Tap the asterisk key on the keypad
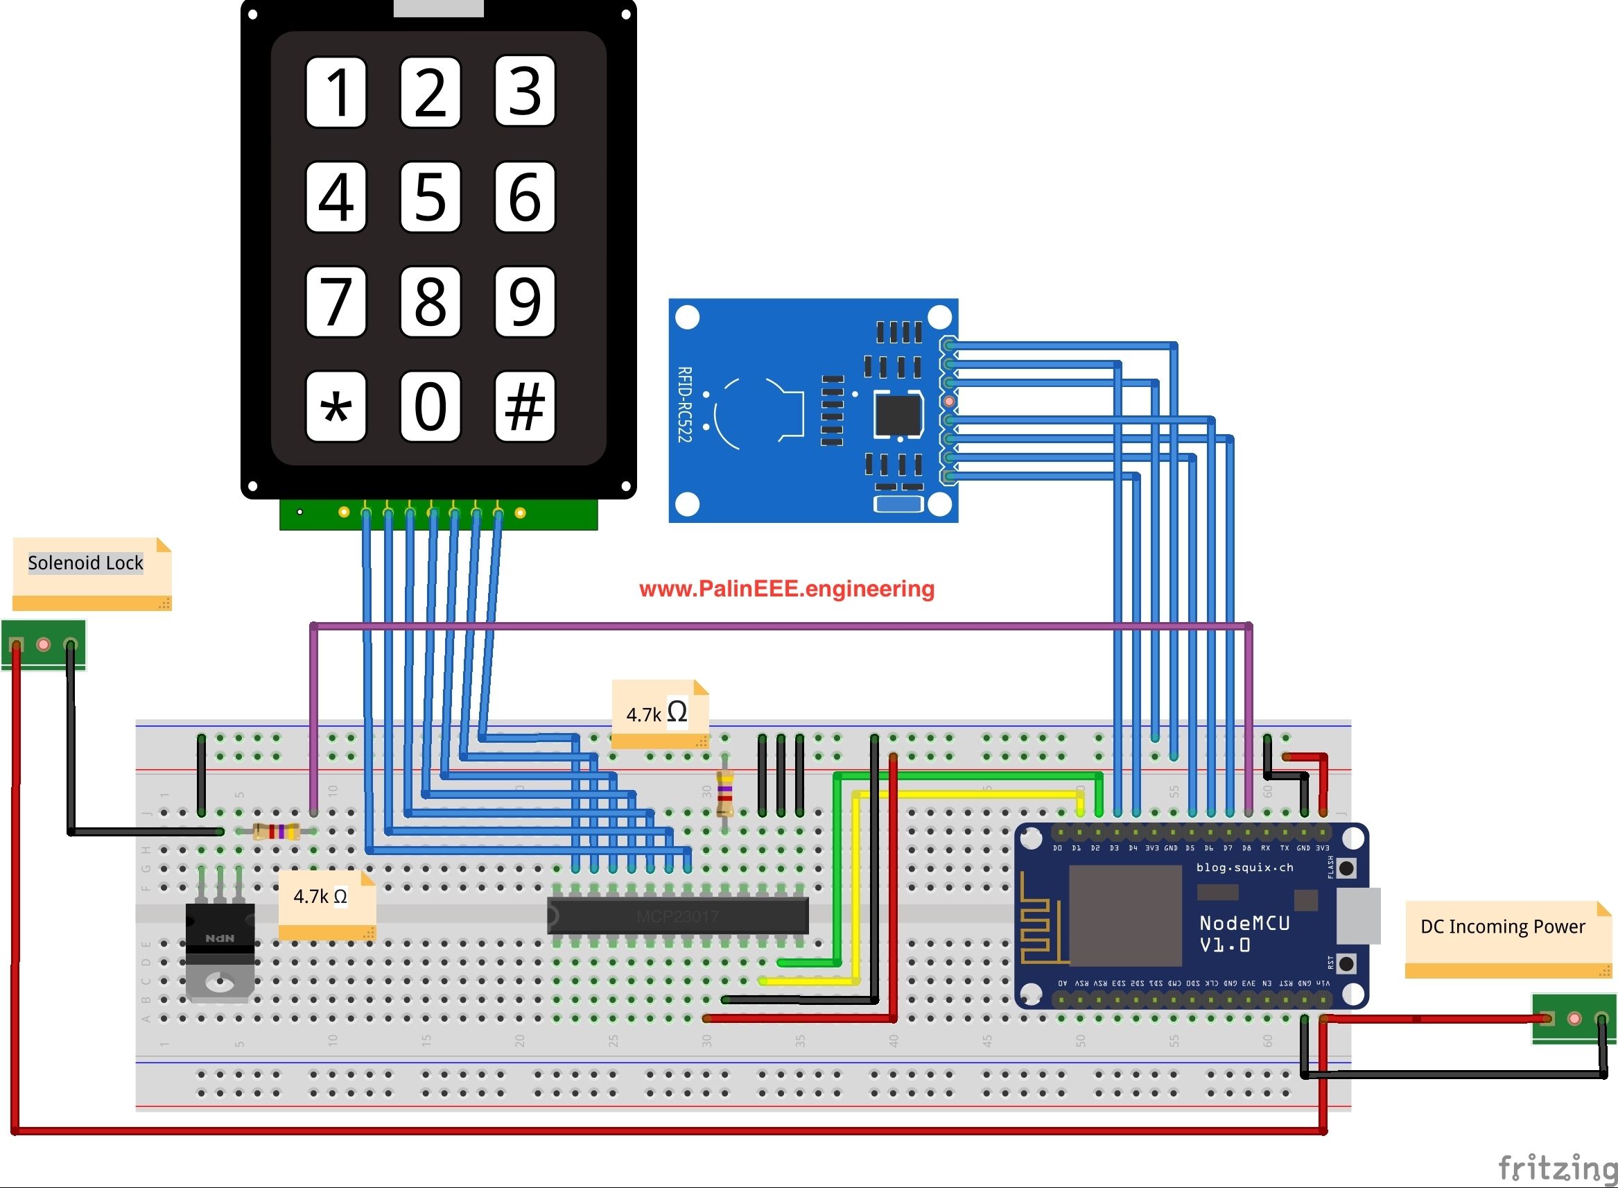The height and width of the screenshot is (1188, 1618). pos(336,406)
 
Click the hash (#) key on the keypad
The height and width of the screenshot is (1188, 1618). pos(525,406)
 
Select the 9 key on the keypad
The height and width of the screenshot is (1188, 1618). pos(525,301)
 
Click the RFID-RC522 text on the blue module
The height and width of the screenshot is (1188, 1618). pos(684,404)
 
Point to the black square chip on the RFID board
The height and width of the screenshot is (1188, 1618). pos(898,414)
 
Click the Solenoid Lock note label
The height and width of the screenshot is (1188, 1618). pos(85,563)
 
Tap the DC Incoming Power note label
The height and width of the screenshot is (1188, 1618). pos(1502,927)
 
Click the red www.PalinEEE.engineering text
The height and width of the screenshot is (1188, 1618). pos(786,589)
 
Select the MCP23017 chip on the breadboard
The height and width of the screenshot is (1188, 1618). pos(677,916)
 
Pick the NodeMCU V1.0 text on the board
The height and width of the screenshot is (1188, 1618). pos(1244,933)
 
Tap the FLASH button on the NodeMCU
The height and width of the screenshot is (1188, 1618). pos(1347,868)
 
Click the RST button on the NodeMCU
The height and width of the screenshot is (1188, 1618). pos(1347,963)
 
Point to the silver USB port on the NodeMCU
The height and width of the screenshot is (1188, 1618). pos(1359,916)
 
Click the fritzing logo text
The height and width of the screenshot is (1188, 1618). pos(1557,1167)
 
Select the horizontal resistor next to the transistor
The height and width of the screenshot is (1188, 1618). pos(277,832)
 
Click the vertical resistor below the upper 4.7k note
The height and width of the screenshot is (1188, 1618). pos(724,793)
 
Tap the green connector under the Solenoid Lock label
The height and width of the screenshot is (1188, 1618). pos(43,644)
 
